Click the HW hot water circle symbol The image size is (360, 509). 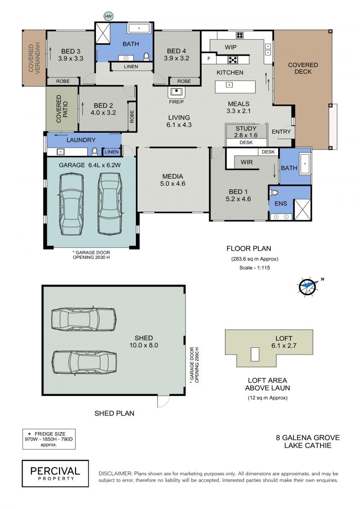click(x=108, y=16)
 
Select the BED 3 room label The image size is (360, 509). click(x=71, y=51)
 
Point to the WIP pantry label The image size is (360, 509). click(x=230, y=47)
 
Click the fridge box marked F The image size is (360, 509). click(x=209, y=59)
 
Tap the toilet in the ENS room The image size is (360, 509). click(x=274, y=193)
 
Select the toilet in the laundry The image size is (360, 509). click(x=94, y=151)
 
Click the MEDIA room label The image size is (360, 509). click(x=172, y=176)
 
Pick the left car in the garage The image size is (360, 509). click(x=72, y=204)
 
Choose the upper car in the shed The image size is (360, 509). click(x=84, y=319)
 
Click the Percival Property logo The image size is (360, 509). click(x=55, y=473)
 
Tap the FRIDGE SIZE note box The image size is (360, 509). click(x=49, y=439)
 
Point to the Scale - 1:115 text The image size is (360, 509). click(x=255, y=268)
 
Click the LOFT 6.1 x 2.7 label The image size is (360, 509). click(x=283, y=342)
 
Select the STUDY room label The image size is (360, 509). click(x=246, y=129)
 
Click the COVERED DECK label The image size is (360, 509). click(x=303, y=68)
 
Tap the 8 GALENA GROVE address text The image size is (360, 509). click(x=308, y=437)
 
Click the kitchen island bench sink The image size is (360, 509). click(x=229, y=85)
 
